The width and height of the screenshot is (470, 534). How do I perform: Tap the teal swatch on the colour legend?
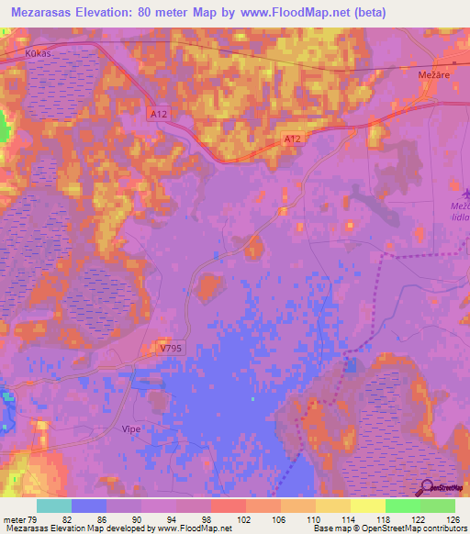click(x=54, y=506)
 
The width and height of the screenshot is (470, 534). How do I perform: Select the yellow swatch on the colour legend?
click(x=367, y=506)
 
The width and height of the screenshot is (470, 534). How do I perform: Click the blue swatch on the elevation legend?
click(x=89, y=506)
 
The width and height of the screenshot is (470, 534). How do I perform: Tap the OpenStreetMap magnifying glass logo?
click(x=426, y=488)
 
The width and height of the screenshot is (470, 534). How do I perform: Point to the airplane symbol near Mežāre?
click(x=465, y=193)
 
